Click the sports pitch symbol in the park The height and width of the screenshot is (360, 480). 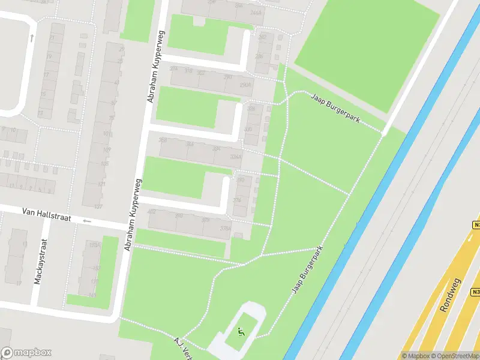(241, 331)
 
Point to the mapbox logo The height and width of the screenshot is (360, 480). (26, 353)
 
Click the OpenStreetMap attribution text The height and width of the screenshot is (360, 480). (455, 355)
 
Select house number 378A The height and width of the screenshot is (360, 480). (226, 228)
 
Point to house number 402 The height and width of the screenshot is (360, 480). (151, 211)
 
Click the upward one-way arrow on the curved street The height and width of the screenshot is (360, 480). (31, 37)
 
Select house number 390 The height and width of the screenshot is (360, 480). (241, 179)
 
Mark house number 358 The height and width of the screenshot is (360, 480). (162, 140)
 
